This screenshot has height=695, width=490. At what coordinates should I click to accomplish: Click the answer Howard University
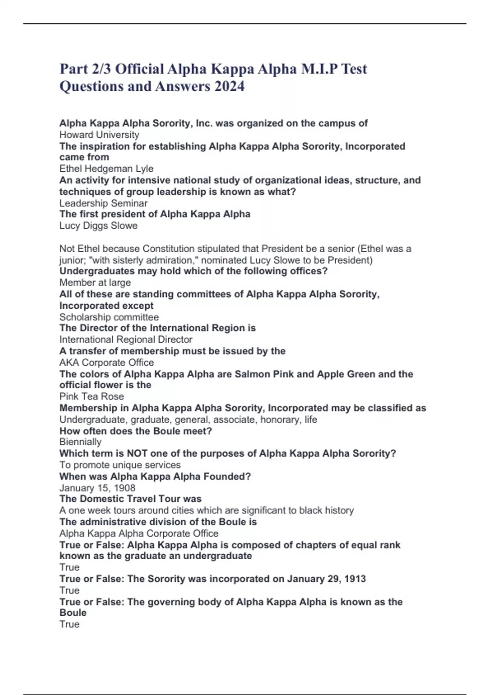tap(99, 135)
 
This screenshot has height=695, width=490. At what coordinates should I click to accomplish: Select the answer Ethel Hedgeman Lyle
tap(106, 168)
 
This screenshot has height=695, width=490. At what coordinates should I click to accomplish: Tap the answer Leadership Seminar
tap(103, 203)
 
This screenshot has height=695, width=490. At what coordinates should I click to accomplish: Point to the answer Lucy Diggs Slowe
tap(98, 226)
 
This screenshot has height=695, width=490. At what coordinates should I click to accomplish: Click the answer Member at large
tap(95, 282)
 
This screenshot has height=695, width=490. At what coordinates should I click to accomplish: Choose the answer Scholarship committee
tap(109, 317)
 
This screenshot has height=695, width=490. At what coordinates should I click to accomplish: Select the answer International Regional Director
tap(126, 339)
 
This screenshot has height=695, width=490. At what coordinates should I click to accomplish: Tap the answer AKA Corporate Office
tap(107, 362)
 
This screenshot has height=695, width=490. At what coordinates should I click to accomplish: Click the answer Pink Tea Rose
tap(91, 396)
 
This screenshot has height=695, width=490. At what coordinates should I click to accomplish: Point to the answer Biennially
tap(80, 442)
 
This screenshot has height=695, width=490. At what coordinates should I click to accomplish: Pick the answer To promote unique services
tap(120, 465)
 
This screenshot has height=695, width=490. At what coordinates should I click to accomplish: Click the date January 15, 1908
tap(97, 488)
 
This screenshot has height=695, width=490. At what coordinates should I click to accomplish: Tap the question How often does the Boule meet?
tap(136, 431)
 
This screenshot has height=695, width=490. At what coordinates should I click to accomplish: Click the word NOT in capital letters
tap(137, 453)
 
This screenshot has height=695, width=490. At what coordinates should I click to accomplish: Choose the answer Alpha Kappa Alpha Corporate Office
tap(139, 533)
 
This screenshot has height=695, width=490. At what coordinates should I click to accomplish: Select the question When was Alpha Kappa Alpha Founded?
tap(155, 476)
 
